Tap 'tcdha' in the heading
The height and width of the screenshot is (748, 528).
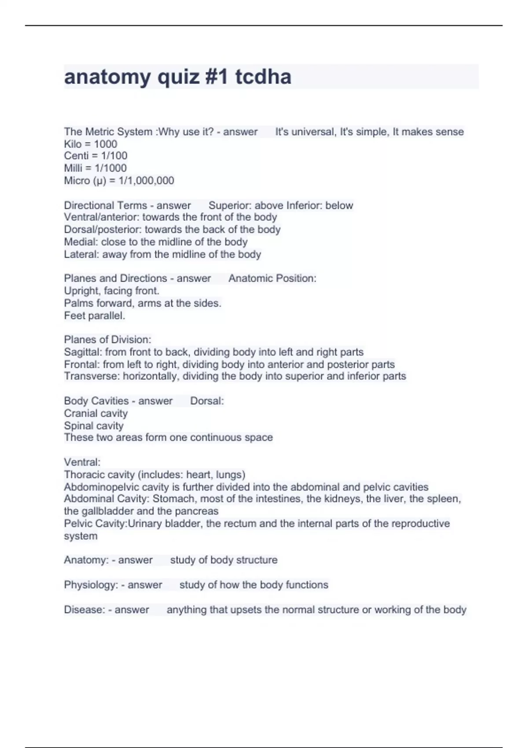click(x=263, y=77)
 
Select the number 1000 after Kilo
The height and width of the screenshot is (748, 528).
click(x=106, y=144)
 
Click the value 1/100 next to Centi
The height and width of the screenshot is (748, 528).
click(x=114, y=156)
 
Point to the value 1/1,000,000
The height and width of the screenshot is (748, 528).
click(x=147, y=180)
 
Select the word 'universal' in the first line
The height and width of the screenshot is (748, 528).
click(x=312, y=132)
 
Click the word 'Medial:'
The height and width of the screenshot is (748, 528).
click(x=81, y=242)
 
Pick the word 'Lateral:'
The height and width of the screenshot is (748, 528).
click(x=81, y=254)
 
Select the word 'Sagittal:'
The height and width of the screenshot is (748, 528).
click(x=83, y=352)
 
